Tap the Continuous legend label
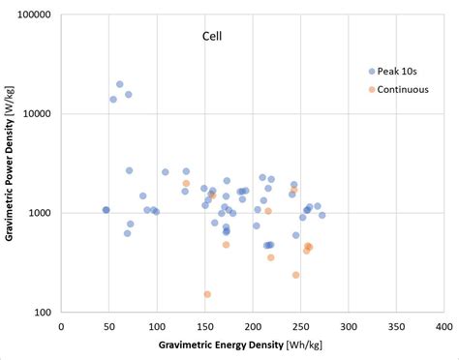click(x=404, y=90)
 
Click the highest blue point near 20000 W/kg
click(x=119, y=84)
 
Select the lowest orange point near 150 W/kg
click(x=207, y=294)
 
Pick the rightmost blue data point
click(x=321, y=215)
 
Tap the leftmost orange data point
click(x=186, y=183)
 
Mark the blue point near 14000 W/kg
click(x=113, y=99)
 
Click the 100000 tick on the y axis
click(x=37, y=15)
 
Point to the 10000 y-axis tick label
click(x=40, y=114)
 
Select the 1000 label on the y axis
click(x=43, y=213)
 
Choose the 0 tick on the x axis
click(x=61, y=327)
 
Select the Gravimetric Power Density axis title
click(x=10, y=165)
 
